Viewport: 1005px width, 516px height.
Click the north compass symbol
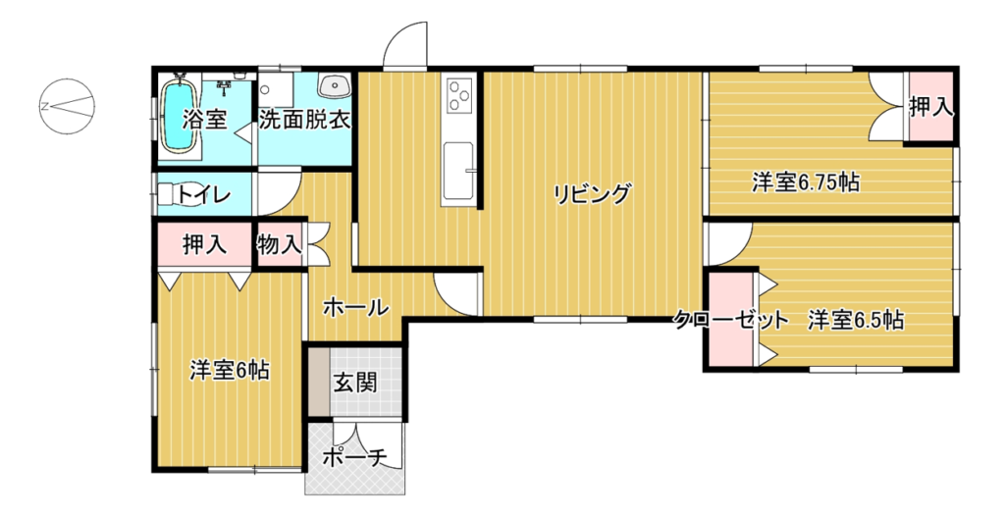[x=68, y=106]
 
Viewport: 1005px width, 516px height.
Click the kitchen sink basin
[x=459, y=172]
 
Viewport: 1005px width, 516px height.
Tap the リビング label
[x=592, y=193]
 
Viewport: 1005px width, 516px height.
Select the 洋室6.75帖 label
[x=806, y=183]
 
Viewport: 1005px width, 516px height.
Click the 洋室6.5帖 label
[x=856, y=320]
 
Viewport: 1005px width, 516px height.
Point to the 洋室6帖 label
[x=229, y=371]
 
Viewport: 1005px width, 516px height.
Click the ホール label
[x=355, y=308]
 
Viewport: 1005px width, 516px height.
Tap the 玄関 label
[x=354, y=384]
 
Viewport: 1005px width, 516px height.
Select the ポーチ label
[x=354, y=458]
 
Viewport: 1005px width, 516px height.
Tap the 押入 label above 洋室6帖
[x=204, y=244]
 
